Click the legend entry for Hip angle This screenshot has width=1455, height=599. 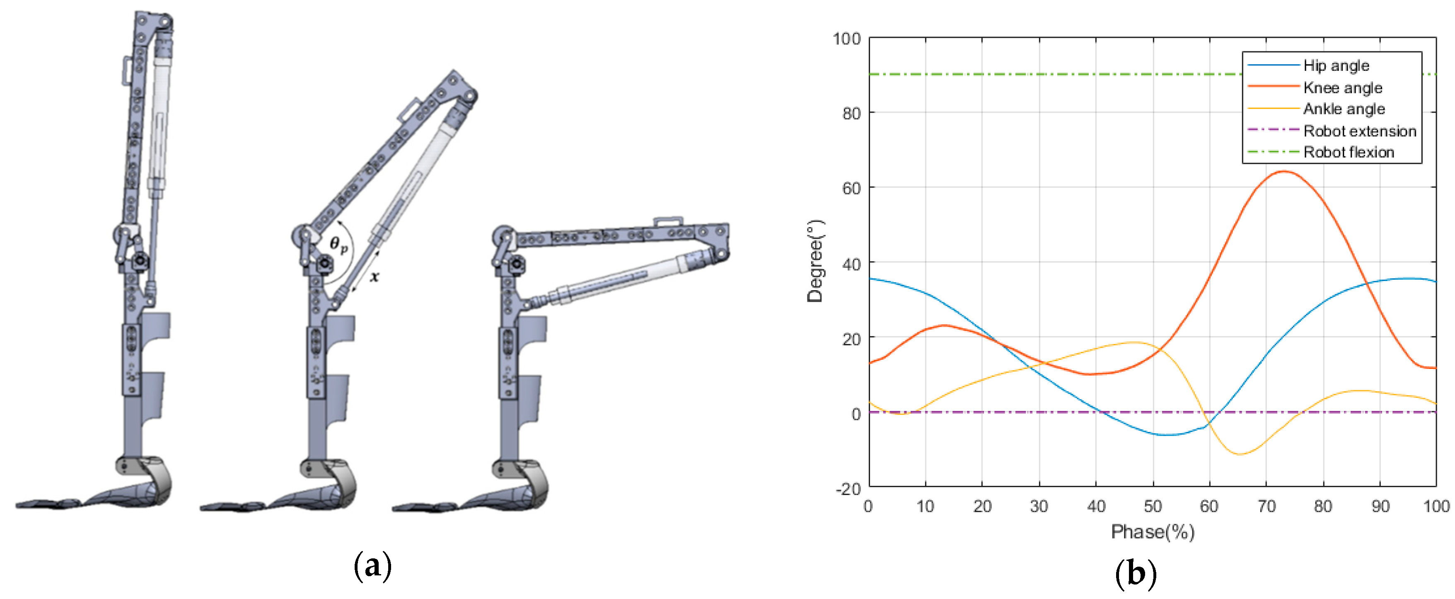coord(1335,65)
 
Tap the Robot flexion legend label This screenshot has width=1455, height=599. coord(1348,152)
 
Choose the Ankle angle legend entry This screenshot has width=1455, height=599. coord(1343,109)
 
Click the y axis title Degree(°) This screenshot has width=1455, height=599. coord(815,262)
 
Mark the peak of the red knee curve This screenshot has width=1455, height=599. coord(1284,171)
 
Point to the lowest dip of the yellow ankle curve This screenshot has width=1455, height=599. coord(1240,454)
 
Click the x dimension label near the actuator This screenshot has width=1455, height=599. coord(375,277)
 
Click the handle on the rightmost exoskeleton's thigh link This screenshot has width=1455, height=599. coord(667,221)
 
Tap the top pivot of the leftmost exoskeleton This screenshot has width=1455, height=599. coord(165,22)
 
